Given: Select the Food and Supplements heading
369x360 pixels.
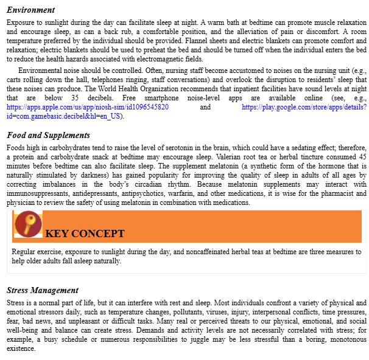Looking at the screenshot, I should point(48,135).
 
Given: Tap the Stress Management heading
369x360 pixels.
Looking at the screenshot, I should point(43,290).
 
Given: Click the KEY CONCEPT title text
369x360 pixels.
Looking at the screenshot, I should point(85,234).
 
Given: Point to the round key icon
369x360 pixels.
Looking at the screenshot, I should point(27,224).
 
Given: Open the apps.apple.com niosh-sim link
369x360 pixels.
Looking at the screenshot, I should point(88,107).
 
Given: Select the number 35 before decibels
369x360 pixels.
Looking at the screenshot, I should point(75,98).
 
